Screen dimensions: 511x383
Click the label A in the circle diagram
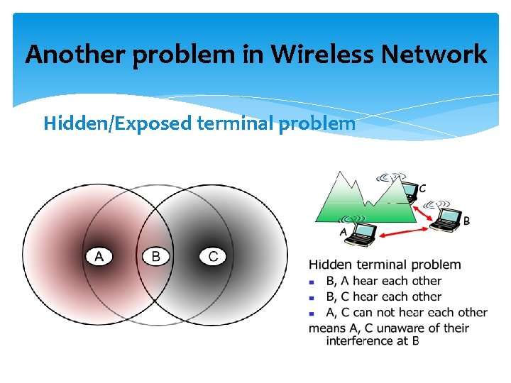tap(99, 256)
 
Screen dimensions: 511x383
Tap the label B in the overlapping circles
tap(156, 256)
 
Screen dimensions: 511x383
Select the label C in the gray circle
tap(213, 256)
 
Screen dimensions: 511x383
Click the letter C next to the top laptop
tap(423, 189)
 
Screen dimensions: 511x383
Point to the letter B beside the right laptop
tap(466, 221)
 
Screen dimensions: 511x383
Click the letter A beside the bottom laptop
tap(344, 232)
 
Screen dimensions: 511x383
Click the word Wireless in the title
tap(334, 54)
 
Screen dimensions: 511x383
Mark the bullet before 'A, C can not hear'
tap(312, 313)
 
